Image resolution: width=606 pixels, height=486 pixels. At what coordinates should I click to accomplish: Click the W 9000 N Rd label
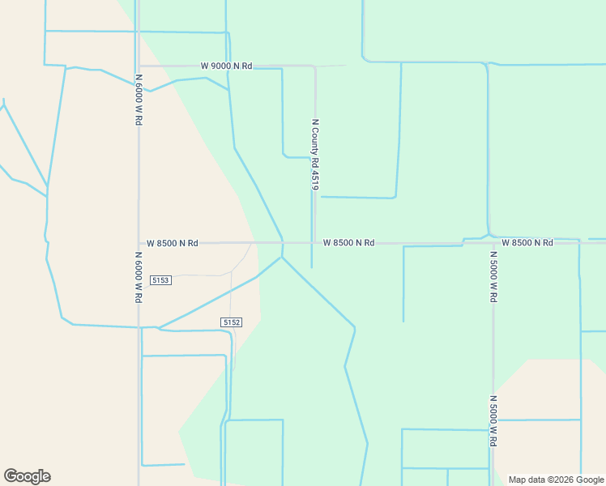[227, 66]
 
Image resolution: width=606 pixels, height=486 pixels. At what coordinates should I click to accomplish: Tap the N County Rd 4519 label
[315, 155]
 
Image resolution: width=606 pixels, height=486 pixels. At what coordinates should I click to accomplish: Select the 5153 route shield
[160, 280]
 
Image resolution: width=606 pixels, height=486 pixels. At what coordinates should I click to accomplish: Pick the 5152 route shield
[231, 322]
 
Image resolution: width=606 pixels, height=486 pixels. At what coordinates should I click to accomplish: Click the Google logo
[27, 476]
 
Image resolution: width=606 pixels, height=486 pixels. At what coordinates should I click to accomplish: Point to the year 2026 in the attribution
[557, 480]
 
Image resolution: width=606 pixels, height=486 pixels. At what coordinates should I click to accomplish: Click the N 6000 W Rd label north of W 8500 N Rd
[139, 99]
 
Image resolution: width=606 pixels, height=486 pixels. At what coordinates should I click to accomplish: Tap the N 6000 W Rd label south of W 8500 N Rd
[139, 276]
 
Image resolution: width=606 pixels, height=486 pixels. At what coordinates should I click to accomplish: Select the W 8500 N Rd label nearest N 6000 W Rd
[173, 243]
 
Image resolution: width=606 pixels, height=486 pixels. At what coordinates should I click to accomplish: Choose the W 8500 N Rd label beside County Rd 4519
[348, 243]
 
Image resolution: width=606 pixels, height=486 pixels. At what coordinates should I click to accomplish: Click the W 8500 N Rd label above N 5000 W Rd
[527, 243]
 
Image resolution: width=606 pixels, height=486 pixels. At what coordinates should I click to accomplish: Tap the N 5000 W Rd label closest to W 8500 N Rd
[493, 275]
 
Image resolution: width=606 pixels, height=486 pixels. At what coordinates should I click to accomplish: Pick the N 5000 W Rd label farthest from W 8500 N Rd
[493, 421]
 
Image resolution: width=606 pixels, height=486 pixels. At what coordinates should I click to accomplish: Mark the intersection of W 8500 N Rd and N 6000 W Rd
[139, 243]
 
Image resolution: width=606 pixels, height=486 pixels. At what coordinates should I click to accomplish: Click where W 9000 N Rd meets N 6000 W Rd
[139, 66]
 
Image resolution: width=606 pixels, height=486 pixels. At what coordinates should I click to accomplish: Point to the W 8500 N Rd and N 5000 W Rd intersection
[492, 243]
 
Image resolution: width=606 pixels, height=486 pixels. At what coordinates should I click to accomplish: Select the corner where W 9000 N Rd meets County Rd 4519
[314, 66]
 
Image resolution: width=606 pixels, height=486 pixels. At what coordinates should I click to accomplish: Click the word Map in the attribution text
[518, 480]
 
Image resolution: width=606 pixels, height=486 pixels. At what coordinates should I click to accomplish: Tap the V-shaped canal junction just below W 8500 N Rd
[282, 258]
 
